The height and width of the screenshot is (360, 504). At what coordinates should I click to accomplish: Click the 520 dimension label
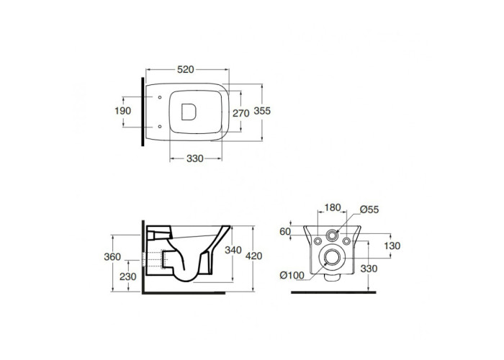186,69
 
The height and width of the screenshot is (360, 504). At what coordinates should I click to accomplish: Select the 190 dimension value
123,111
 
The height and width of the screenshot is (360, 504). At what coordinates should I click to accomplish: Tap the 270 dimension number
241,114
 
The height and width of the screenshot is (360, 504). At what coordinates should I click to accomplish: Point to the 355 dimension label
262,111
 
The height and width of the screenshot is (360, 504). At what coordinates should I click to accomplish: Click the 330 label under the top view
195,158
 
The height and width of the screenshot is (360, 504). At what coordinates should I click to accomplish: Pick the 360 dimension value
112,257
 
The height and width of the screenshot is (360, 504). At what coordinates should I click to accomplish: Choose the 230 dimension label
128,276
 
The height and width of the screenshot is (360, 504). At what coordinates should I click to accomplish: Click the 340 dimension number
233,250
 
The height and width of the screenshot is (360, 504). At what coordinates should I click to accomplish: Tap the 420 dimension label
254,256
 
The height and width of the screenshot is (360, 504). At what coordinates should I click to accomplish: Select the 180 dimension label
333,208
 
